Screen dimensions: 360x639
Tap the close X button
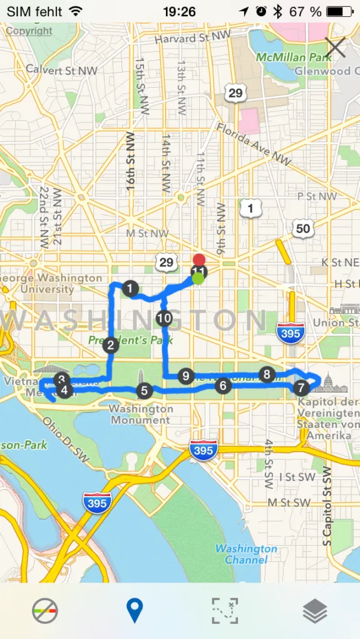(336, 48)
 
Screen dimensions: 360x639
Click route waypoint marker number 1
(130, 289)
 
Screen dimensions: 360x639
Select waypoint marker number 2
(111, 345)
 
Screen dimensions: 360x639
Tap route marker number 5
(144, 391)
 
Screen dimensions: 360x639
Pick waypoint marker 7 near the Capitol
(301, 388)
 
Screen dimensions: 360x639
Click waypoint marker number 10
(165, 318)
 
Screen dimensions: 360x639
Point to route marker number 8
(267, 375)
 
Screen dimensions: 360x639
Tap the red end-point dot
(199, 259)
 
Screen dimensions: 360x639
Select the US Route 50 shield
(303, 228)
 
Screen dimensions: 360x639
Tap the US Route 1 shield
(250, 208)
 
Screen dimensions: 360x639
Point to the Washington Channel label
(246, 554)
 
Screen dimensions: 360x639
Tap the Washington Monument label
(141, 414)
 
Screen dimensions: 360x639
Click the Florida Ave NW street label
(254, 144)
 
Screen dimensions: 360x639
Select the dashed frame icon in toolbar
(225, 610)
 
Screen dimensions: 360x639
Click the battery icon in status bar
(339, 11)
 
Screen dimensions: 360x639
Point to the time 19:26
(179, 11)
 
